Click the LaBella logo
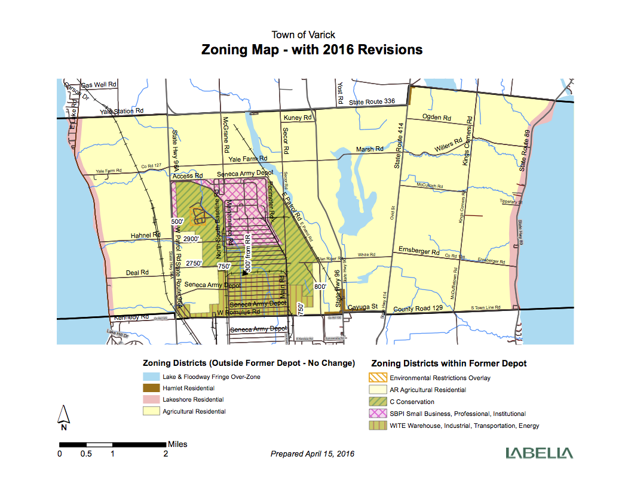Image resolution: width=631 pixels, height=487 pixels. point(539,453)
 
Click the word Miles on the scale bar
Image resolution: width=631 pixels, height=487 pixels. point(177,444)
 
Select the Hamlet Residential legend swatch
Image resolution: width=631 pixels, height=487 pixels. point(151,389)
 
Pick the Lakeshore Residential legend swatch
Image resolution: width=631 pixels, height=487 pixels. point(151,400)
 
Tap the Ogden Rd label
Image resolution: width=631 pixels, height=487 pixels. point(435,117)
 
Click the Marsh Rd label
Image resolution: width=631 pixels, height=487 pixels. point(369,149)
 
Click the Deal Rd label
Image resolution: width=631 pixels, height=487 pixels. point(136,273)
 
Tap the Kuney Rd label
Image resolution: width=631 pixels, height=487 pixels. point(298,118)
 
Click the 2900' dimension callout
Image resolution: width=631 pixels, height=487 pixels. point(192,239)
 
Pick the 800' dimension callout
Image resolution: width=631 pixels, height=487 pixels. point(320,286)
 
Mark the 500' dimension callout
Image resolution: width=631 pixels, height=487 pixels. point(177,221)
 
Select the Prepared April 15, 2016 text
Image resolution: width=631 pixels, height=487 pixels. point(313,454)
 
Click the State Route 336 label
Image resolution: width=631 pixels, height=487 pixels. point(373,103)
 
